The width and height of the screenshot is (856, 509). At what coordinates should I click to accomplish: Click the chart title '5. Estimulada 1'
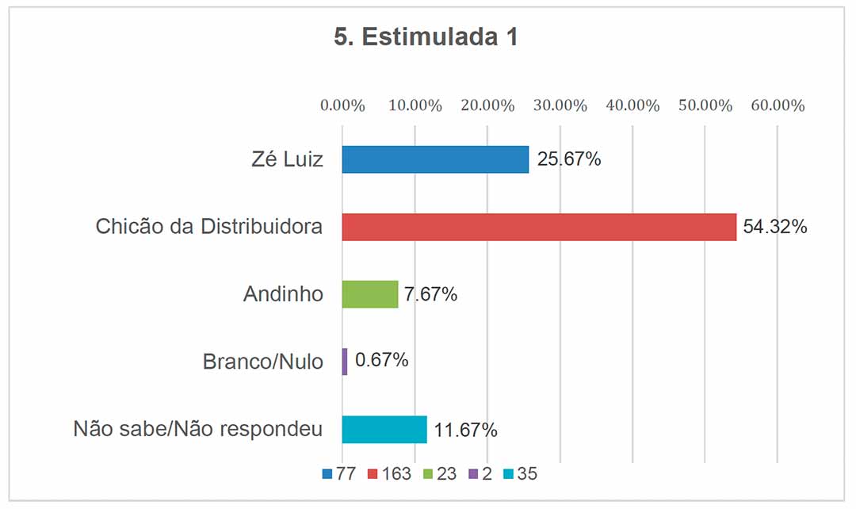[x=426, y=37]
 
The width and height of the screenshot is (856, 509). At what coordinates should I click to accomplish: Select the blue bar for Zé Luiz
[x=435, y=159]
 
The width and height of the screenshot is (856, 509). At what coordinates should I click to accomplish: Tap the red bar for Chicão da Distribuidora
[x=539, y=227]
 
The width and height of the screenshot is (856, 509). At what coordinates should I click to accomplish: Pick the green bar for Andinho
[x=369, y=294]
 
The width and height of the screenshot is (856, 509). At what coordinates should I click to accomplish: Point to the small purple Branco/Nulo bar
[x=345, y=362]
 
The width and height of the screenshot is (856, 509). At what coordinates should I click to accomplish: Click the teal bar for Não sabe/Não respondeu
[x=384, y=430]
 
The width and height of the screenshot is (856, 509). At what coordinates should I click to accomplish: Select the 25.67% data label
[x=568, y=159]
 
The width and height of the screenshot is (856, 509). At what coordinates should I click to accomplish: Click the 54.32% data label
[x=775, y=228]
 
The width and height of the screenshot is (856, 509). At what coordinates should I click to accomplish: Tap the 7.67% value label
[x=431, y=295]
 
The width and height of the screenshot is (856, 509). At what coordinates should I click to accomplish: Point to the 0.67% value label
[x=381, y=361]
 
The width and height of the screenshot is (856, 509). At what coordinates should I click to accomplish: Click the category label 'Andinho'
[x=283, y=294]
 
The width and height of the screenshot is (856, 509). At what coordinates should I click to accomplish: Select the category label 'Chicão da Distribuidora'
[x=209, y=227]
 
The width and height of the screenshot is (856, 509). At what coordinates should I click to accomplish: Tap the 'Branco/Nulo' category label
[x=263, y=362]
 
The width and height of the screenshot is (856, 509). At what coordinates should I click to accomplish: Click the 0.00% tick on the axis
[x=342, y=105]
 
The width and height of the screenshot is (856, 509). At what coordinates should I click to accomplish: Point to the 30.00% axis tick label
[x=560, y=105]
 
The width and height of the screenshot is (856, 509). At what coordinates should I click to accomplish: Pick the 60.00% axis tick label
[x=778, y=105]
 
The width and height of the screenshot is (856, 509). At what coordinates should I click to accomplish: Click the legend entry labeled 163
[x=389, y=474]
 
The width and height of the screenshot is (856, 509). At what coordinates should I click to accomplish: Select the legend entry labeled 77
[x=338, y=474]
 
